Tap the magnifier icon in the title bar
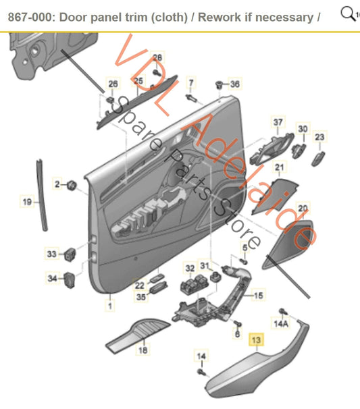(347, 13)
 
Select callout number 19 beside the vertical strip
(27, 201)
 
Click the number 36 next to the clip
(234, 84)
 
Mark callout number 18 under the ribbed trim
(142, 350)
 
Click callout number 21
(278, 167)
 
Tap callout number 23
(319, 137)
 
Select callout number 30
(303, 128)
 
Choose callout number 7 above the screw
(190, 83)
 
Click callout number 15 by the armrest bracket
(258, 295)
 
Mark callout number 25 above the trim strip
(138, 82)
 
